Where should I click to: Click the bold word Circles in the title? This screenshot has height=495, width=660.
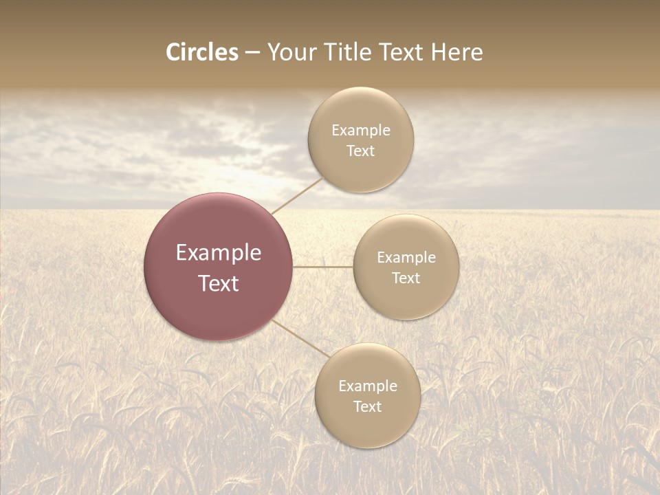tap(202, 52)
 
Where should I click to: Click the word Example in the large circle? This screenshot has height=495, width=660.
tap(219, 253)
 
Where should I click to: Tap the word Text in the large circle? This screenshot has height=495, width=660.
tap(219, 283)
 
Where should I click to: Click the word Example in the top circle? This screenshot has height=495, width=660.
tap(361, 131)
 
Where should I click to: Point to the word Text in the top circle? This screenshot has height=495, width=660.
tap(360, 151)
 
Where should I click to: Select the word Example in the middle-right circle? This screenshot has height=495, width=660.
tap(406, 258)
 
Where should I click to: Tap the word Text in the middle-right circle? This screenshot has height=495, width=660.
tap(406, 278)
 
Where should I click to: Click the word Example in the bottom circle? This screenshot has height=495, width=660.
tap(368, 386)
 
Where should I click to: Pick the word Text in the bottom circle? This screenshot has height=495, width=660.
tap(367, 407)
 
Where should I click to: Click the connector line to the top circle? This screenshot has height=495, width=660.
tap(297, 195)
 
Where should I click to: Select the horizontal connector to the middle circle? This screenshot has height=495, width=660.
tap(322, 266)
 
